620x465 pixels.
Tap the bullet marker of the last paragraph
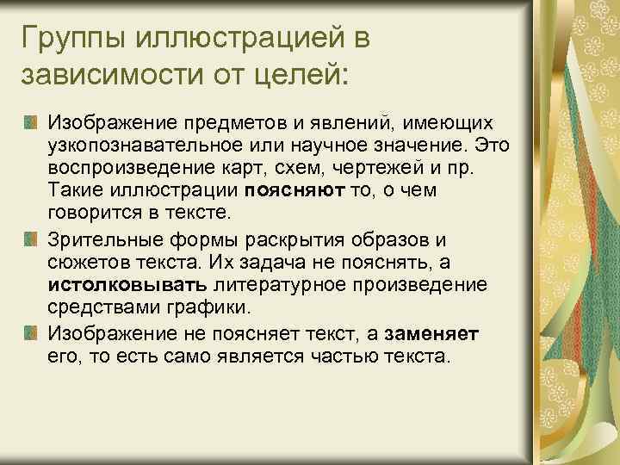click(x=31, y=332)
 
